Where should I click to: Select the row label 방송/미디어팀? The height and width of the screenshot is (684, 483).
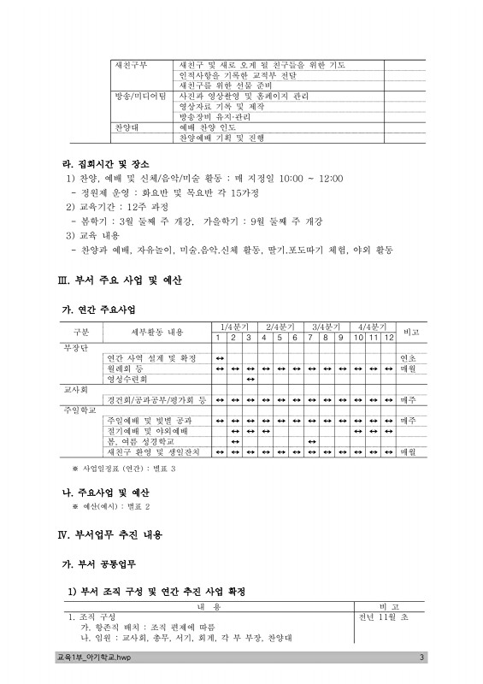[141, 97]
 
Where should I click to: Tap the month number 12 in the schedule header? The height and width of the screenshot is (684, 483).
[389, 337]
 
